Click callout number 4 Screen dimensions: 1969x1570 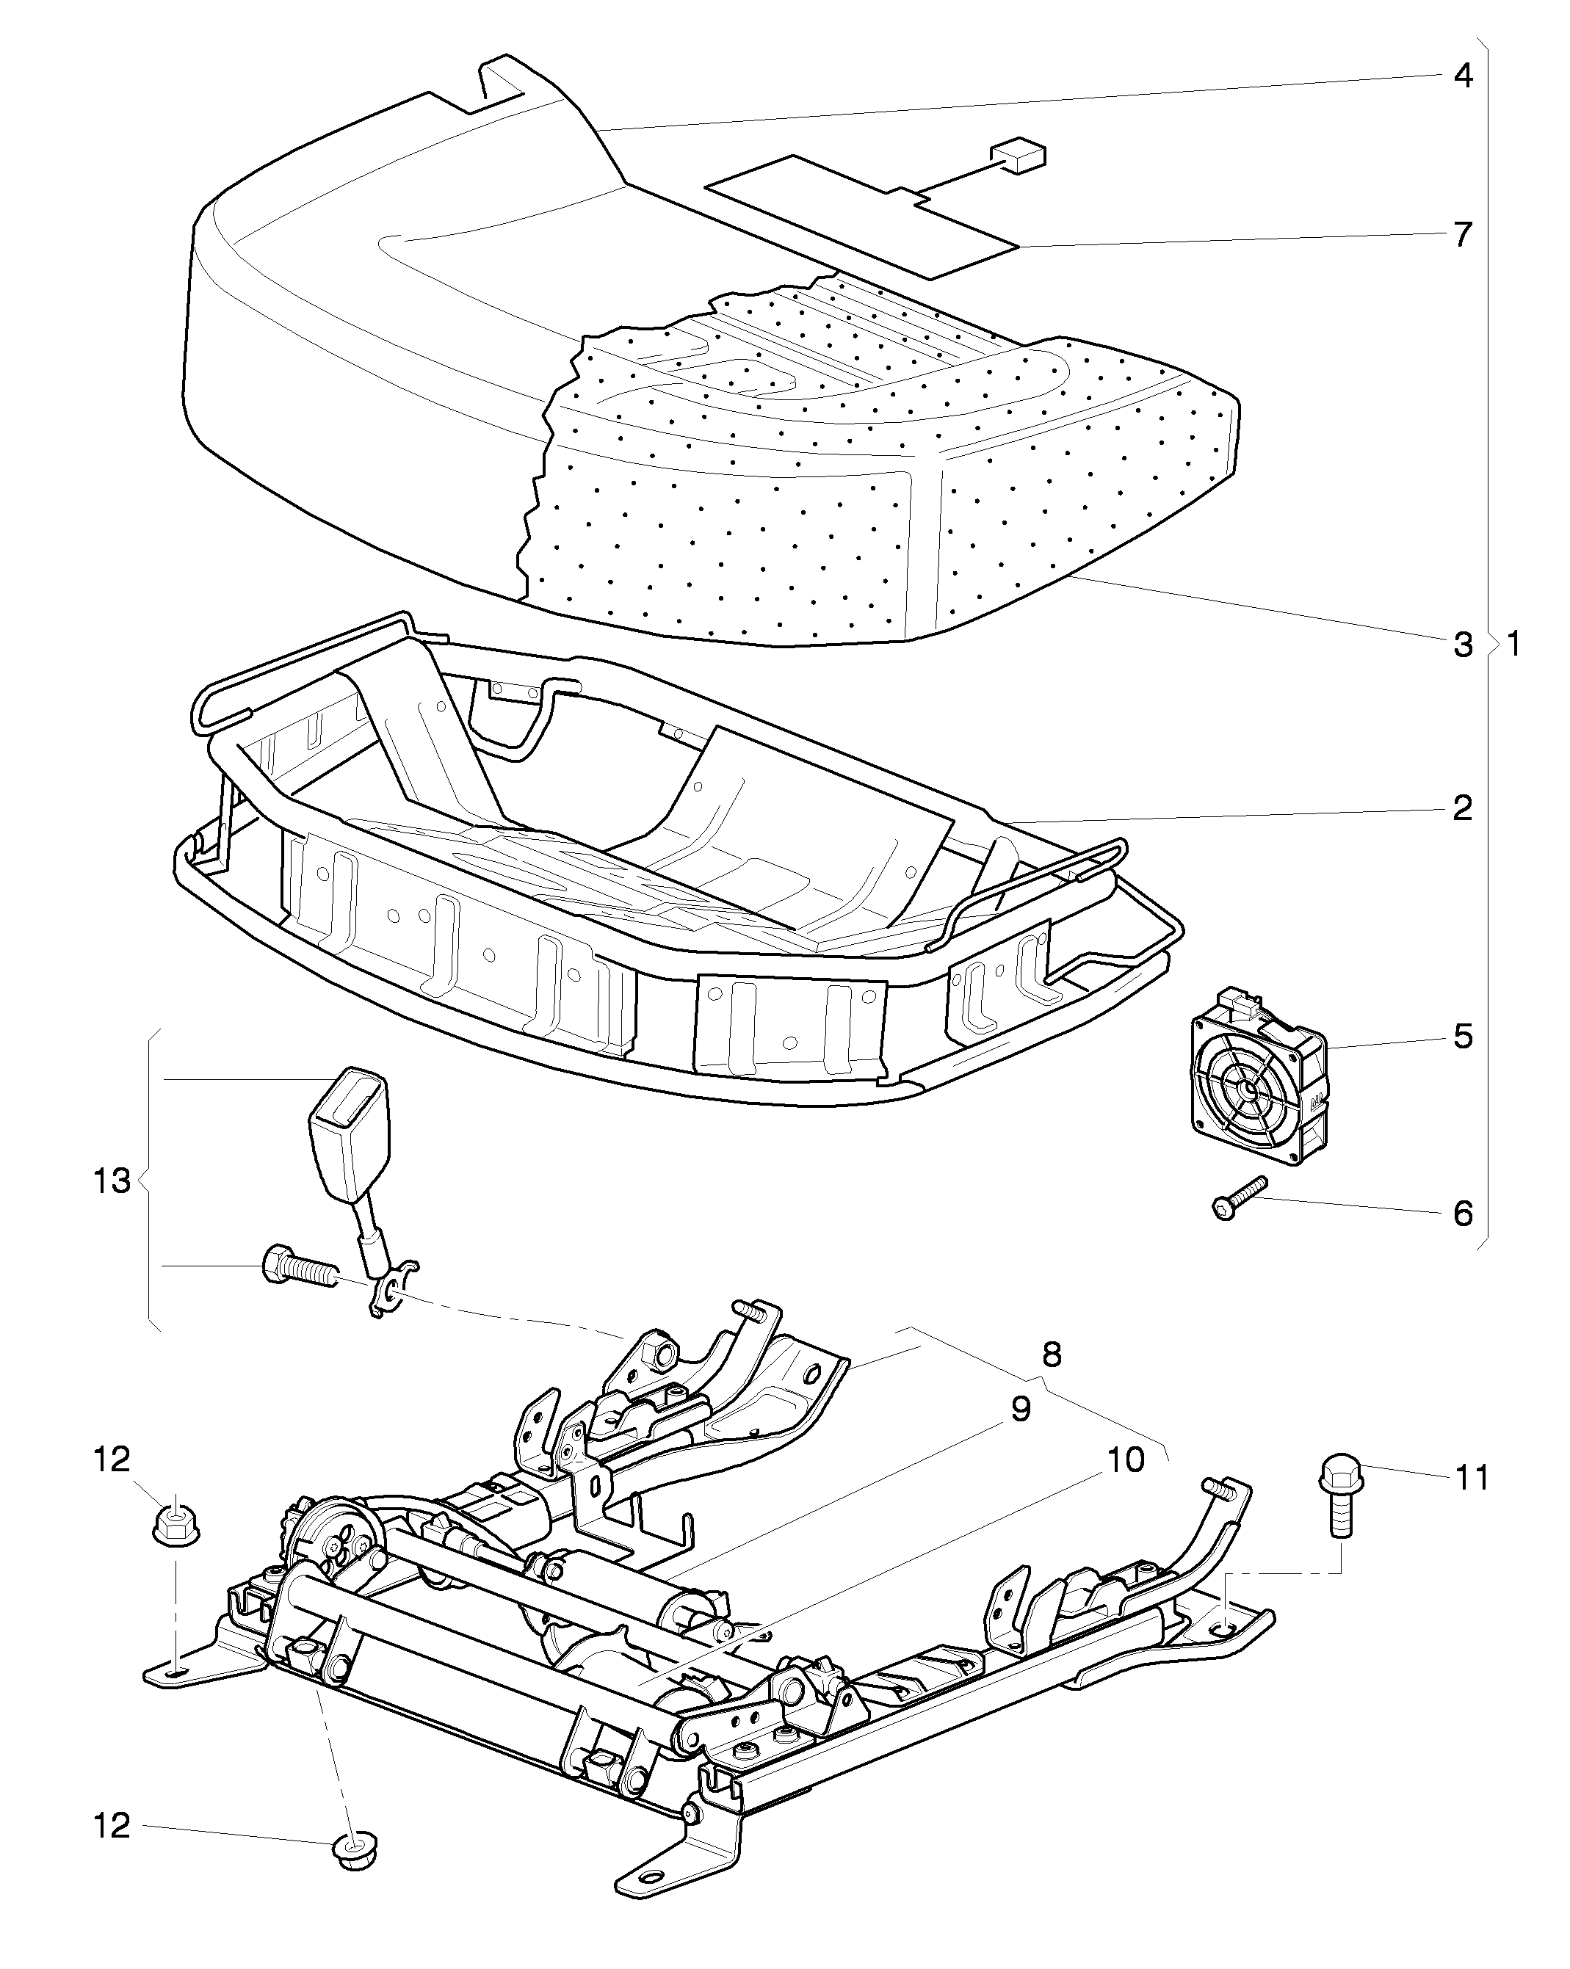[x=1462, y=76]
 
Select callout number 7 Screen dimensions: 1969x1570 [x=1462, y=235]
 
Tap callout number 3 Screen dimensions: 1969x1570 [x=1462, y=645]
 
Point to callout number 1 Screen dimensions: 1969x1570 [x=1513, y=645]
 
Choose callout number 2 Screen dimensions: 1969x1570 [x=1462, y=808]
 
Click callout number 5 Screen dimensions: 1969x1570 [x=1462, y=1037]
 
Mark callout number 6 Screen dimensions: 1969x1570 [x=1462, y=1213]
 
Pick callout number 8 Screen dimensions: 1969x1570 [x=1052, y=1354]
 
